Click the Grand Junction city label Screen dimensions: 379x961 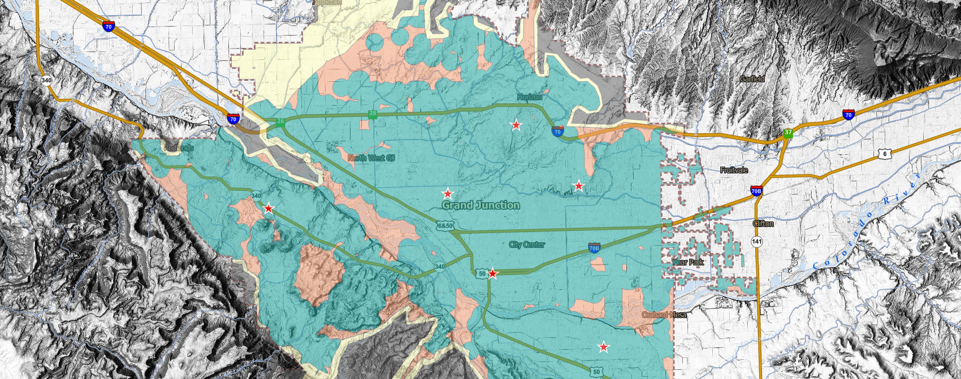click(480, 205)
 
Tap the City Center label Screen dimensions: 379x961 click(527, 245)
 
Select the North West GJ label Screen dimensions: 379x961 click(371, 158)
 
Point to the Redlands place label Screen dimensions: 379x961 click(179, 148)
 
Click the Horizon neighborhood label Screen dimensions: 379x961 click(530, 97)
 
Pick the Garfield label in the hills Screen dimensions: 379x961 click(752, 79)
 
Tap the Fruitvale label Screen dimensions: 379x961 click(734, 170)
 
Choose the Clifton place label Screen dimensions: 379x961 click(763, 224)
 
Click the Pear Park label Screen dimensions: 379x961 click(689, 262)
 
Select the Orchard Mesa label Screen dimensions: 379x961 click(664, 315)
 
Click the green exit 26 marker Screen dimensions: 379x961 click(280, 121)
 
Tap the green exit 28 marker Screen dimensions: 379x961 click(373, 114)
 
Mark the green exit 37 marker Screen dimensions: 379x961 click(788, 133)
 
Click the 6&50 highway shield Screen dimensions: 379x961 click(445, 226)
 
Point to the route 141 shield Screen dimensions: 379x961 click(757, 242)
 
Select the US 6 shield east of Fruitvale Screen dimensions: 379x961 click(885, 154)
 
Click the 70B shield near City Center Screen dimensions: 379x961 click(594, 248)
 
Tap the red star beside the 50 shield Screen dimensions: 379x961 click(493, 274)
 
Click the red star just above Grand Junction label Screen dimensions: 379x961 click(448, 194)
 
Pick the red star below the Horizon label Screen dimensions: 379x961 click(516, 125)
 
